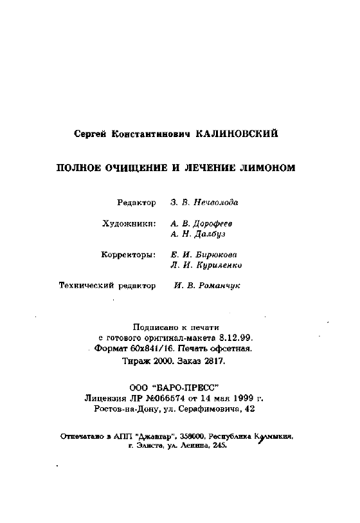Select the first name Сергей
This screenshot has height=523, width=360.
coord(91,134)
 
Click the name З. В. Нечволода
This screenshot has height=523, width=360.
coord(204,203)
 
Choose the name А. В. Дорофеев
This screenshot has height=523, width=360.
coord(201,223)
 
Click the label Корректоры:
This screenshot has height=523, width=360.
coord(129,254)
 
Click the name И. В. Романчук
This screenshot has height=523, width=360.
coord(206,285)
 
